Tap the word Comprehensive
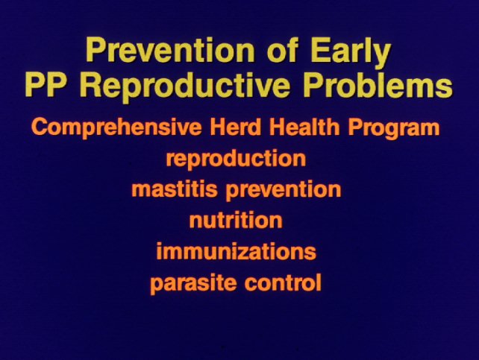pos(116,127)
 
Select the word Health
pos(304,127)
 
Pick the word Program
pos(393,128)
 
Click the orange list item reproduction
pos(236,158)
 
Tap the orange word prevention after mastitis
pos(284,190)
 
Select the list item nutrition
pos(236,220)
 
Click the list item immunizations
pos(236,250)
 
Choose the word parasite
pos(193,282)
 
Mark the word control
pos(283,282)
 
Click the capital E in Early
pos(321,50)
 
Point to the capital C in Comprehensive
pos(40,127)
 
